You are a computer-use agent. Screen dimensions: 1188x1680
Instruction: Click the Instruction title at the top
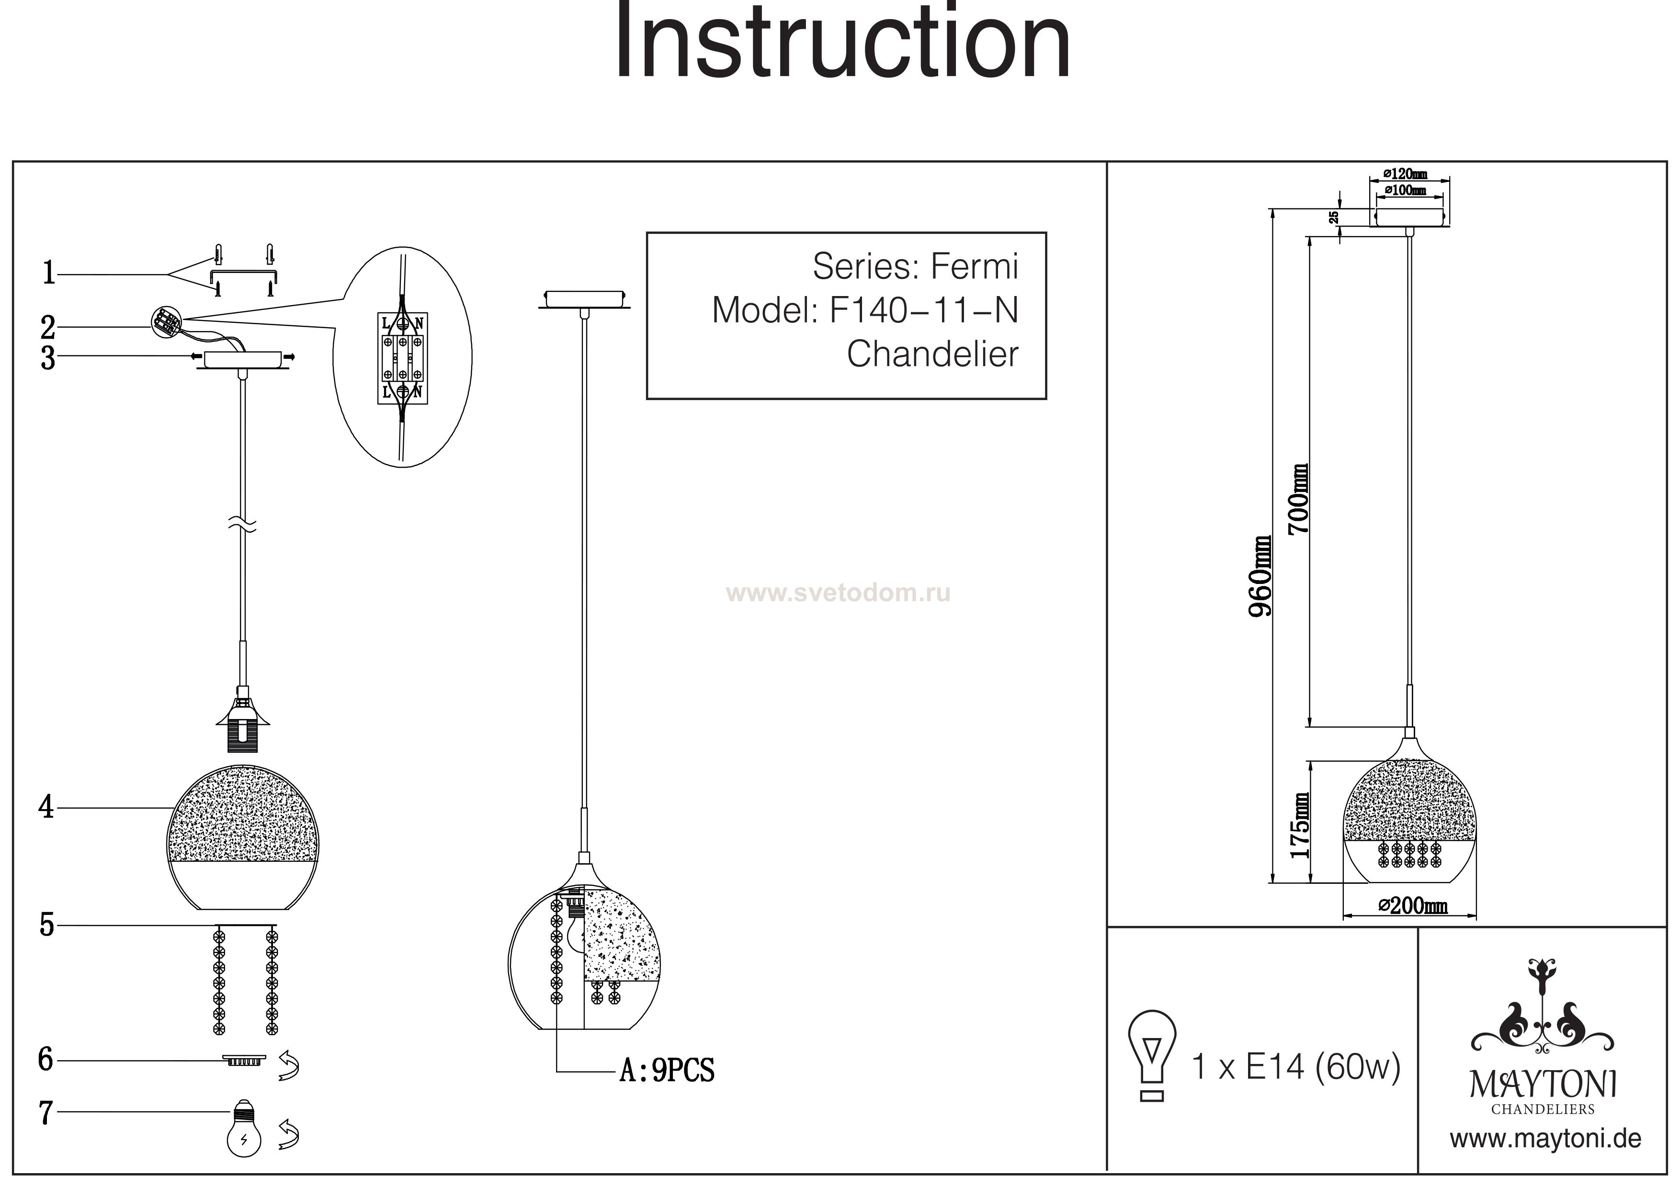(x=841, y=43)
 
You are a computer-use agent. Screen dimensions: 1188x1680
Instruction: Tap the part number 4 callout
(x=46, y=807)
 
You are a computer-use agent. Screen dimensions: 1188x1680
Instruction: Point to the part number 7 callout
(x=46, y=1113)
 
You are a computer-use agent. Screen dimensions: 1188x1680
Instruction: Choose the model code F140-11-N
(x=923, y=311)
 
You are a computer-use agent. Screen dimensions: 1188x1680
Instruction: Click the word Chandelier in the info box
(x=931, y=355)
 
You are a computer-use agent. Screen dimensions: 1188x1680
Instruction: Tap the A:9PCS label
(x=667, y=1071)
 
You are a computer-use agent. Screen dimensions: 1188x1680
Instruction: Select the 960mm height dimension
(x=1260, y=576)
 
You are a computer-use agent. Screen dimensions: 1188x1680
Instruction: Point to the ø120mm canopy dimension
(x=1405, y=174)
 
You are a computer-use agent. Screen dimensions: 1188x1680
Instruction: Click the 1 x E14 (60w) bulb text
(x=1296, y=1067)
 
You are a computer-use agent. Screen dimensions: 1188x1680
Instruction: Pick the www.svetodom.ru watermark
(x=838, y=593)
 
